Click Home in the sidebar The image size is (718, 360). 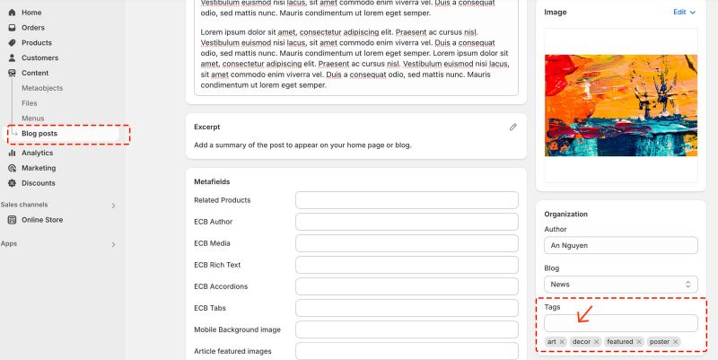click(x=31, y=13)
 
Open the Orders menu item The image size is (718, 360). click(x=32, y=28)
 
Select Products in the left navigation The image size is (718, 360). click(x=36, y=43)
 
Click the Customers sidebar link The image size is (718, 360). click(x=39, y=58)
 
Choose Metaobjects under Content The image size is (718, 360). click(x=42, y=88)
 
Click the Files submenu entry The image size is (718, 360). click(x=30, y=103)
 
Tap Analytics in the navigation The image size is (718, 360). click(x=37, y=153)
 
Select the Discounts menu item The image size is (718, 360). click(x=38, y=183)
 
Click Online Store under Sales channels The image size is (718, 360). click(x=41, y=220)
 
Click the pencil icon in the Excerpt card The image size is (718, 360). click(x=513, y=127)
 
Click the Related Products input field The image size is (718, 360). click(x=407, y=200)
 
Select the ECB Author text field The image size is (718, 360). click(x=407, y=222)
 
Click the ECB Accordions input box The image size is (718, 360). click(x=407, y=286)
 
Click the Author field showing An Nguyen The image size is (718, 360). click(x=621, y=245)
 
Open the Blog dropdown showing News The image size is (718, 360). click(x=621, y=284)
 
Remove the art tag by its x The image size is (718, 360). click(x=562, y=342)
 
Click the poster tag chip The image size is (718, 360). click(x=660, y=342)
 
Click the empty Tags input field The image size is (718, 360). click(x=621, y=323)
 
